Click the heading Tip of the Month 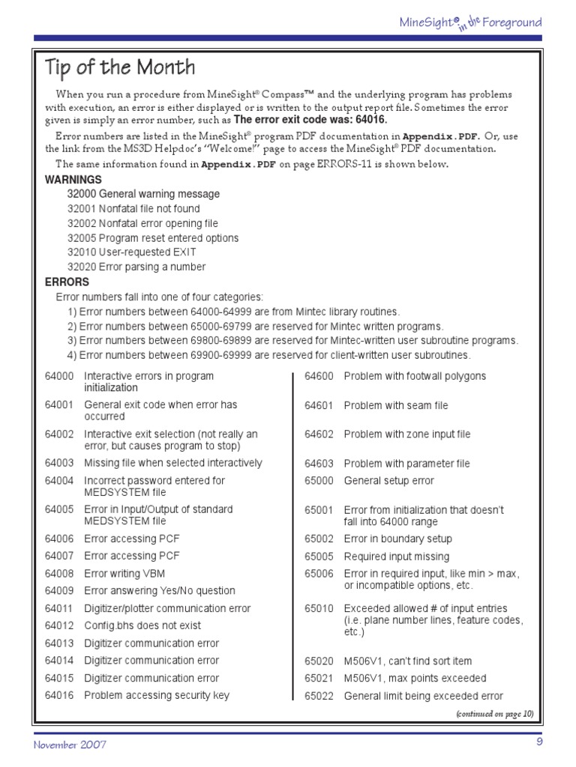point(120,67)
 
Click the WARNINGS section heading point(73,180)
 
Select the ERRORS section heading point(67,282)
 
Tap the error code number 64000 point(59,376)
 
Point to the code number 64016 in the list point(59,696)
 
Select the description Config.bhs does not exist point(142,625)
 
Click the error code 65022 point(319,696)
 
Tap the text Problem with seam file point(396,405)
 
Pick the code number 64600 point(319,376)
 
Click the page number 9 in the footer point(538,742)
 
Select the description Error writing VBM point(123,573)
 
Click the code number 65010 point(319,608)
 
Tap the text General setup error point(388,481)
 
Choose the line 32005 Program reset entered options point(153,238)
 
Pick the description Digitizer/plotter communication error point(167,608)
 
